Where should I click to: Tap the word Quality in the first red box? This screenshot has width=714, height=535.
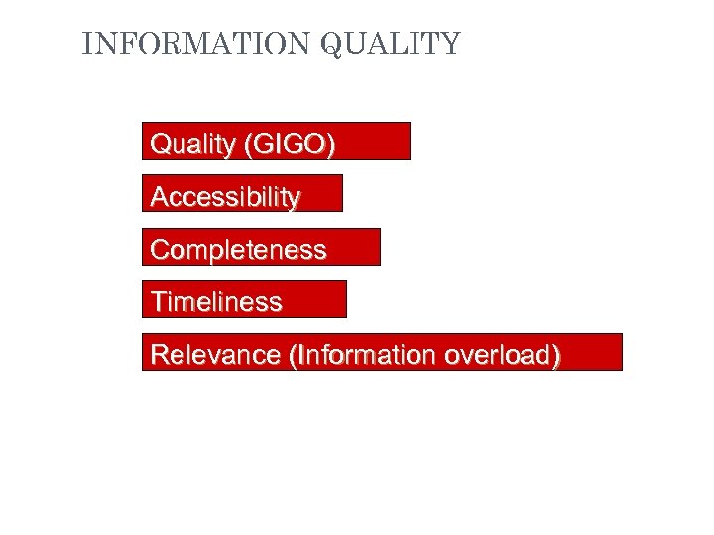click(188, 144)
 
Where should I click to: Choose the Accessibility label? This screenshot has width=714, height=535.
click(225, 196)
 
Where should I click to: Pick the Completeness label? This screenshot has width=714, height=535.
click(238, 249)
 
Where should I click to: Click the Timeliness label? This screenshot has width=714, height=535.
click(215, 301)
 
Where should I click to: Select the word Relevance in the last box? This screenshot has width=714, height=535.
click(214, 354)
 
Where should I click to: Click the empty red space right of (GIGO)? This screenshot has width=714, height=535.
click(372, 142)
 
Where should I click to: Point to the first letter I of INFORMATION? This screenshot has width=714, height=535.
click(87, 45)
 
